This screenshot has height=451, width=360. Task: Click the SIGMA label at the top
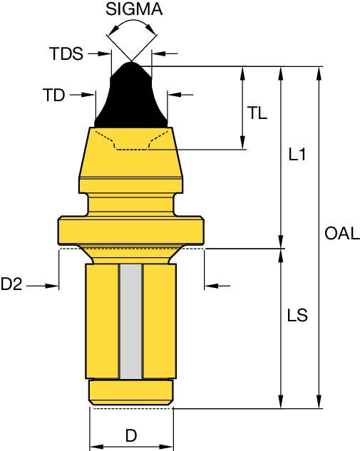(x=133, y=10)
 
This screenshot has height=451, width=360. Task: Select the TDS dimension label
(x=66, y=53)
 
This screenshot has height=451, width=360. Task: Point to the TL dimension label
(x=257, y=113)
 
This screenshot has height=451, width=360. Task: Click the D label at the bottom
(x=131, y=435)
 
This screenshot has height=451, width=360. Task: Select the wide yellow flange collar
(x=131, y=230)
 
